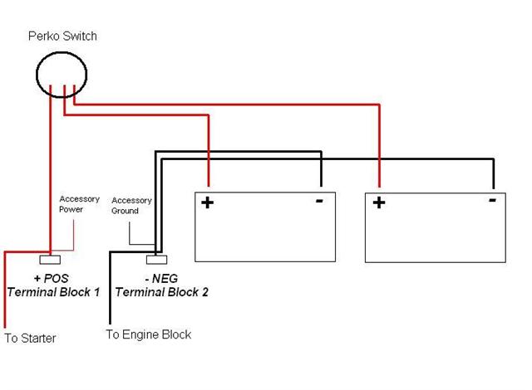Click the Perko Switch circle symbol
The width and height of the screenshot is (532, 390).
click(62, 74)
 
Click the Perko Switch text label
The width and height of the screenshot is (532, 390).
click(62, 37)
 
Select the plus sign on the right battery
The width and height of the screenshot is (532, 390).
click(379, 202)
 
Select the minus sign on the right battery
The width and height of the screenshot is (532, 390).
click(493, 200)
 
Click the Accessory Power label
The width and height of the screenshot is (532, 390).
click(79, 204)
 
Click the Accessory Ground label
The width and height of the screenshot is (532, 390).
click(131, 206)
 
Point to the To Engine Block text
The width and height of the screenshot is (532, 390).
click(148, 334)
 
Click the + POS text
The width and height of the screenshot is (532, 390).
click(52, 279)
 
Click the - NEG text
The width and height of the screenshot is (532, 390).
click(161, 279)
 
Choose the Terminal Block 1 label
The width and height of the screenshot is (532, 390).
click(53, 292)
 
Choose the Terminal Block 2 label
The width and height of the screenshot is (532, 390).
click(161, 292)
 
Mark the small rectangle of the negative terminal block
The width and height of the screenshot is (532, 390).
click(160, 259)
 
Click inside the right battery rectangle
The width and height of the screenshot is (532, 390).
click(436, 236)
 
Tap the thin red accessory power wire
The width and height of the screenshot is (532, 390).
click(74, 232)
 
